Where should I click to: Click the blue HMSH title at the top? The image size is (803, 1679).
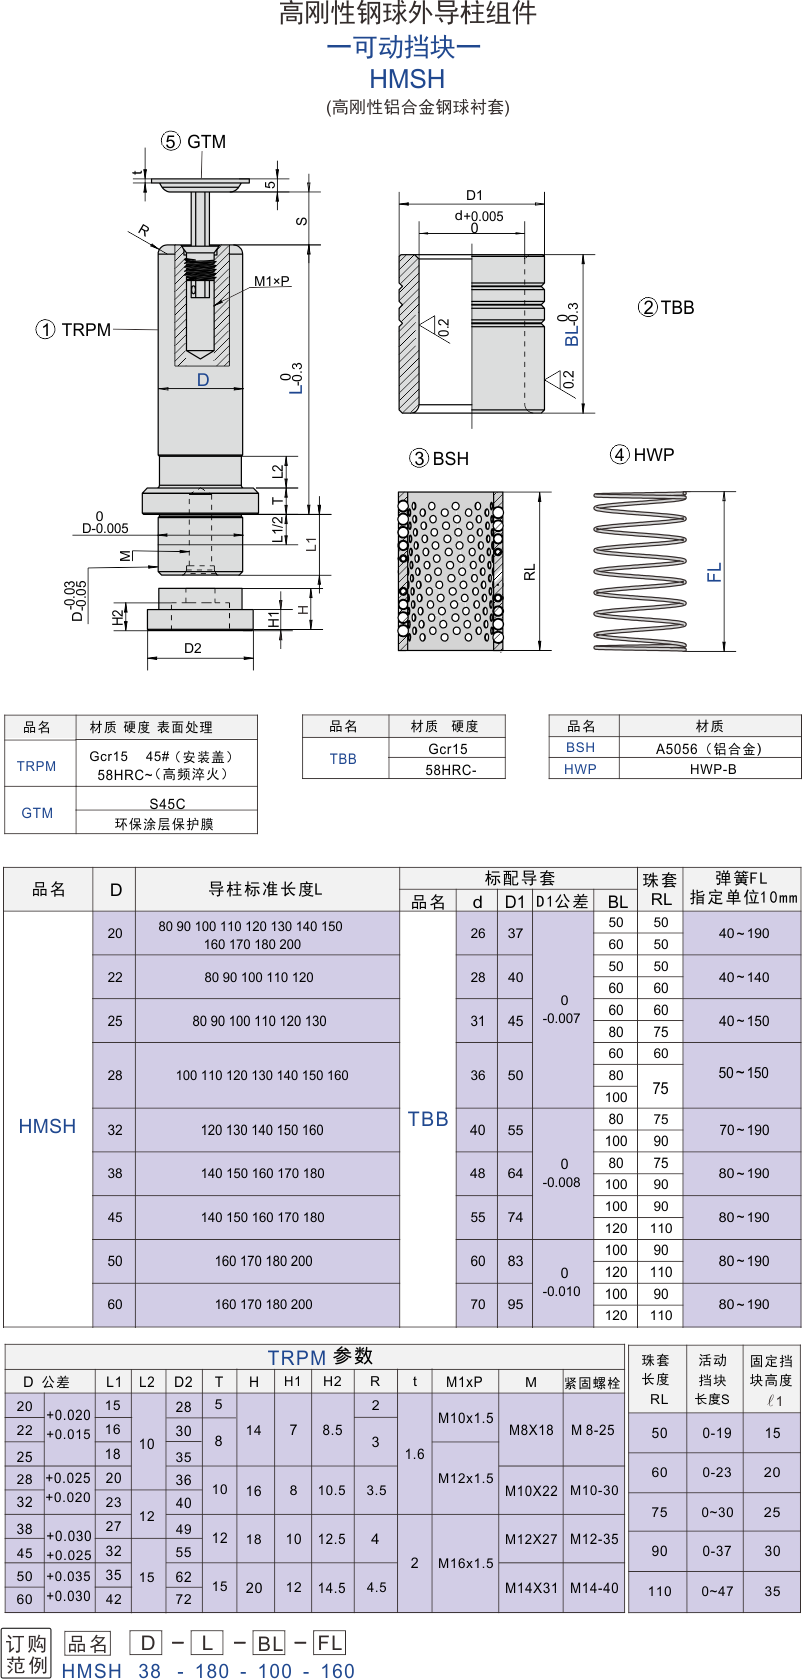click(407, 79)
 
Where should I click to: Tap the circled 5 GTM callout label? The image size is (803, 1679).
click(193, 142)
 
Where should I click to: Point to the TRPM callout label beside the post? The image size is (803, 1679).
click(74, 330)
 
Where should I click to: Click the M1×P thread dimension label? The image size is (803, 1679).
click(271, 281)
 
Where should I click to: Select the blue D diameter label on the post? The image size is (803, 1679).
click(202, 380)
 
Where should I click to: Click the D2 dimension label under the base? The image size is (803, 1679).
click(193, 648)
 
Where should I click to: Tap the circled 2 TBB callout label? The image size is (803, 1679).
click(667, 307)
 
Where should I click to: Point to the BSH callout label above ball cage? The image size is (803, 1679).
click(439, 459)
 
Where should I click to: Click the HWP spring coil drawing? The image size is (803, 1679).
click(640, 570)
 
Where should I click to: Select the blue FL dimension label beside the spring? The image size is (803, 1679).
click(715, 573)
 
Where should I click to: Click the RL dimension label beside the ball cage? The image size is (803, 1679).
click(530, 573)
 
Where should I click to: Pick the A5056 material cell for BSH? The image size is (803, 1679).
click(709, 748)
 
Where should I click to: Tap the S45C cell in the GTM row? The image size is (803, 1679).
click(167, 804)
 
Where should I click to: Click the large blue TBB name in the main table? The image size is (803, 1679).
click(427, 1119)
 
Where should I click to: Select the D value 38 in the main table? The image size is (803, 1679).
click(115, 1173)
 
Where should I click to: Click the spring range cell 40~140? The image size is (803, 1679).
click(744, 977)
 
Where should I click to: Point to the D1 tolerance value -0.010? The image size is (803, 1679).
click(562, 1291)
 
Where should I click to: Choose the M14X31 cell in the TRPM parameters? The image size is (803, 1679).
click(531, 1588)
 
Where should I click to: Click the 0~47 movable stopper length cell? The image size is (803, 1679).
click(717, 1591)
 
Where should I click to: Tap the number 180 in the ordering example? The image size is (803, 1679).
click(212, 1670)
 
